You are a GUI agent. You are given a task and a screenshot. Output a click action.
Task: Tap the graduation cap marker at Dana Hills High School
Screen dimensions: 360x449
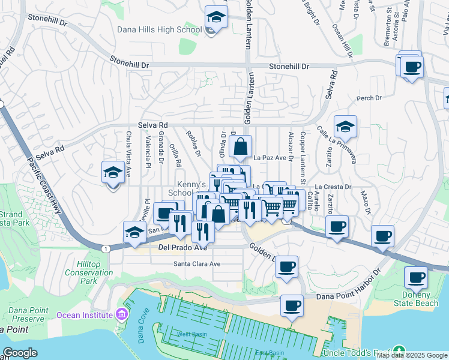tap(215, 18)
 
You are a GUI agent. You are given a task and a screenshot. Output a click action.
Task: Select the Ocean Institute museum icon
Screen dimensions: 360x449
tap(122, 314)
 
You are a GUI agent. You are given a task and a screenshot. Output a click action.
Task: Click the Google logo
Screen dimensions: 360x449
tap(20, 353)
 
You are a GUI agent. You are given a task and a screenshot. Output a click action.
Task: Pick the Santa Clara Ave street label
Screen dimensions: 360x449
tap(197, 263)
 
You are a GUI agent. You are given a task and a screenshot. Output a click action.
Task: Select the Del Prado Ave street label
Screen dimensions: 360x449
tap(182, 247)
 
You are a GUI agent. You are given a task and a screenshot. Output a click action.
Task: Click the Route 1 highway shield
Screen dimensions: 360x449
tap(106, 248)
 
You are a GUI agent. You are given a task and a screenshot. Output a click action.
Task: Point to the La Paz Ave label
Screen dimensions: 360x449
tap(270, 158)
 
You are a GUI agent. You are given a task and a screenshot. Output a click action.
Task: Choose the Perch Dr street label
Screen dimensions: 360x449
tap(369, 98)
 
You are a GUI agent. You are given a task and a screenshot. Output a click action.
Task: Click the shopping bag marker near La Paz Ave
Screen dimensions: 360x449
tap(240, 146)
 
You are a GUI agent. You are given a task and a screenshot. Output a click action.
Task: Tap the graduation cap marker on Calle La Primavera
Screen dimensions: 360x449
tap(345, 127)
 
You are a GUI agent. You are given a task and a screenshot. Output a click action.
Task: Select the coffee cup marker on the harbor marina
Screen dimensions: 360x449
tap(292, 306)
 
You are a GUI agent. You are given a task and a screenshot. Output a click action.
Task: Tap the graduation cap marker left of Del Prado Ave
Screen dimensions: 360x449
tap(135, 233)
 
